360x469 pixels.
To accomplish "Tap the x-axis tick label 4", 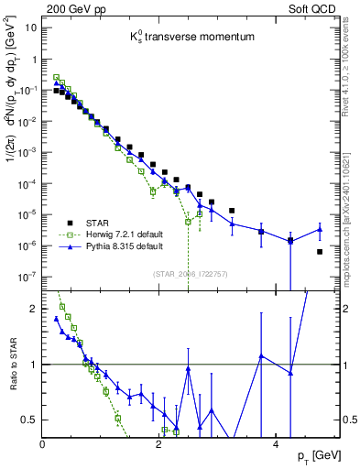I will (x=276, y=444).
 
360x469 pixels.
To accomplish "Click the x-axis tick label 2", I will (x=159, y=444).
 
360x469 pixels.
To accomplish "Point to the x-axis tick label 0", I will (x=43, y=444).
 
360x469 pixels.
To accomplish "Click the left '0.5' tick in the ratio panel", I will (x=27, y=420).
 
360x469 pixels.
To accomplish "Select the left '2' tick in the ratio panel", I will (x=34, y=310).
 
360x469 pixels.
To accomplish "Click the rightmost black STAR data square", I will (x=320, y=251).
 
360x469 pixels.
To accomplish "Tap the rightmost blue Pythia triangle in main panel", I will (x=320, y=229).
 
